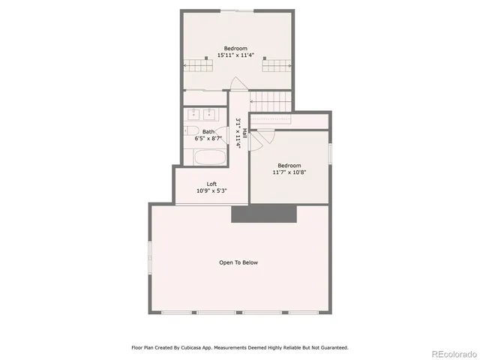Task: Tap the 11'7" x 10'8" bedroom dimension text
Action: point(289,172)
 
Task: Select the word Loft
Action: point(213,184)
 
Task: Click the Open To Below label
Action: point(238,262)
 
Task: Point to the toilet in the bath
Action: point(191,130)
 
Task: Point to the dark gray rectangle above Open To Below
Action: point(265,214)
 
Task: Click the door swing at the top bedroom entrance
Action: point(238,85)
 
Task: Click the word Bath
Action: point(207,131)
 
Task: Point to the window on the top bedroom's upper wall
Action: point(238,10)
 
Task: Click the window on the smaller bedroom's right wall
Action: point(330,154)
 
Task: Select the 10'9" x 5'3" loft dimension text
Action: point(212,191)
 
